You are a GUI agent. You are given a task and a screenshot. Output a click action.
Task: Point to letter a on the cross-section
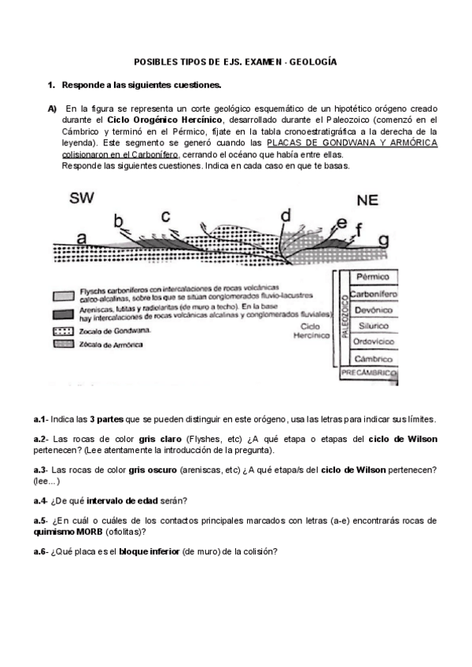[82, 236]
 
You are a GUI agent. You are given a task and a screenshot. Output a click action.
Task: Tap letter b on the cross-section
[119, 220]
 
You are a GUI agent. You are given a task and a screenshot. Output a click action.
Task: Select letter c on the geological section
[165, 215]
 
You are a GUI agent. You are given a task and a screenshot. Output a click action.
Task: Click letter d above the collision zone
[286, 215]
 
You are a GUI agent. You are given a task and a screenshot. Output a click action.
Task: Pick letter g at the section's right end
[383, 238]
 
